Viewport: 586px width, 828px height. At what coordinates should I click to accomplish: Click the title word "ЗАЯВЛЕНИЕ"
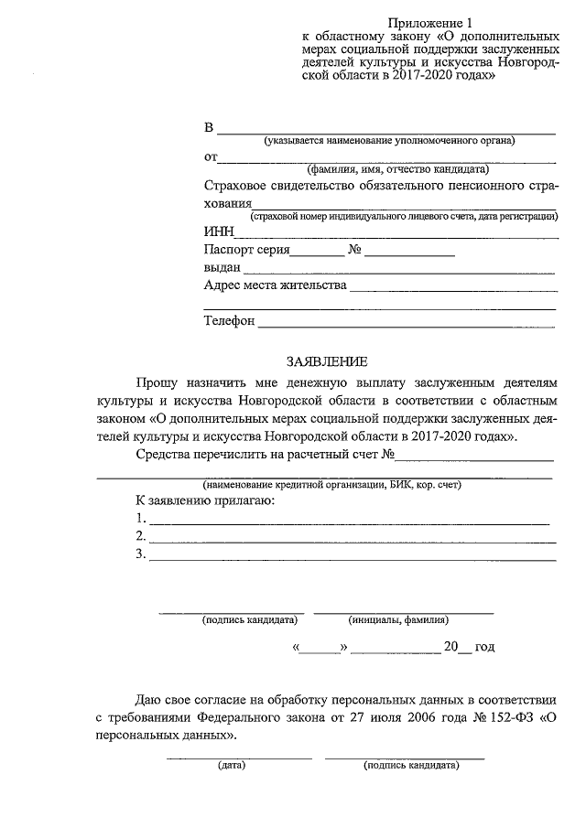[326, 362]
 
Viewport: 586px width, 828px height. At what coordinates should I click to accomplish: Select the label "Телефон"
[229, 321]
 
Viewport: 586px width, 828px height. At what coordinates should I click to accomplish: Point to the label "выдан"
[222, 268]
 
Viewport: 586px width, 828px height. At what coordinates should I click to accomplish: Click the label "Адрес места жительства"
[275, 285]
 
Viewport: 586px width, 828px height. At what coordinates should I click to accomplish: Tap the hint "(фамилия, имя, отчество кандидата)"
[397, 169]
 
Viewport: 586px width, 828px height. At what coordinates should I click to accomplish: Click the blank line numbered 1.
[349, 522]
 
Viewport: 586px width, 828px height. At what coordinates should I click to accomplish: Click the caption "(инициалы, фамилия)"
[398, 619]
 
